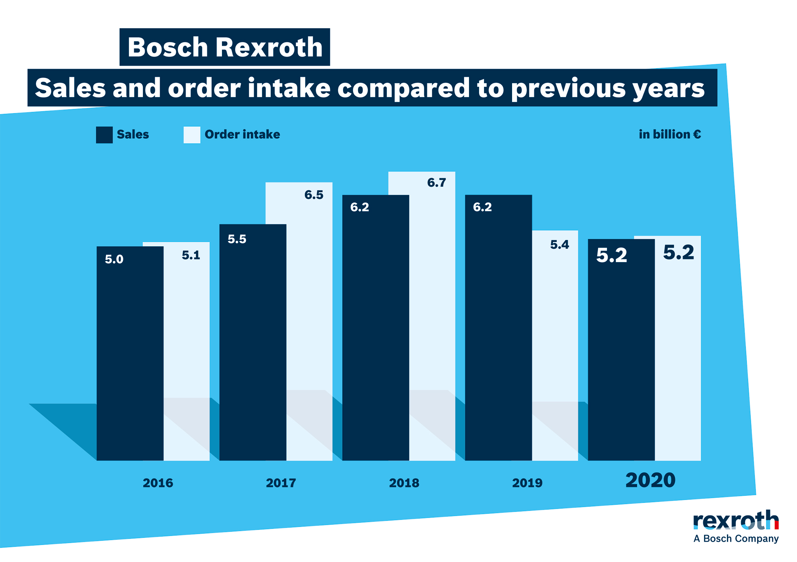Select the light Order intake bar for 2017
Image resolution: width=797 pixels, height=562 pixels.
(309, 319)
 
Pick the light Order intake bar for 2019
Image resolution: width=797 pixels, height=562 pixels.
(555, 337)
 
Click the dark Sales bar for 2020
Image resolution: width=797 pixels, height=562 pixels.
(621, 356)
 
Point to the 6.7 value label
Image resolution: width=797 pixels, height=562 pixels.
(436, 183)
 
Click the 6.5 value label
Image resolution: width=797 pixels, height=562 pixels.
(313, 195)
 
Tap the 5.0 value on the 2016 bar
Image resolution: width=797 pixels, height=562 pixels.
(114, 259)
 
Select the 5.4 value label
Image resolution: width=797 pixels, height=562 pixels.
(559, 245)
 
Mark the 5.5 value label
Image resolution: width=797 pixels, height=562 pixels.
(237, 239)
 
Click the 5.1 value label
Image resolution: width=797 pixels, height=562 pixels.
(191, 255)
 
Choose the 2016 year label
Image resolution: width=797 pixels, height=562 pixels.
(158, 483)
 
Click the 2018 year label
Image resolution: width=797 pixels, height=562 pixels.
(404, 483)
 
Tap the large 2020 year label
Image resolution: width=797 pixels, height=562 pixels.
(650, 480)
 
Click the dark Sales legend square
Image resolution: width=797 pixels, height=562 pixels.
(104, 135)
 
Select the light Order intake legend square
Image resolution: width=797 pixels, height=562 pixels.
(192, 135)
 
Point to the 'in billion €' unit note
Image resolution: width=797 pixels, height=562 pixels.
(670, 134)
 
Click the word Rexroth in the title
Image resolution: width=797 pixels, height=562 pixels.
(269, 47)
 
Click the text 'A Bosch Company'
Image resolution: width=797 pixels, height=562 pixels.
(736, 539)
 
